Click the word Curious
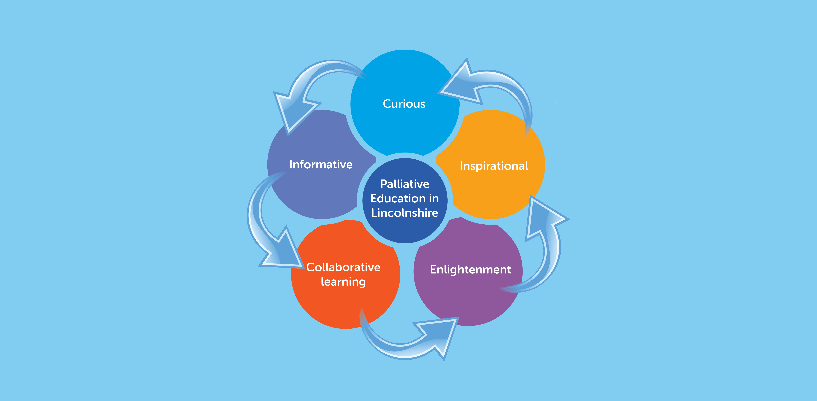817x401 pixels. click(404, 104)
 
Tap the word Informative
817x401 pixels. click(321, 164)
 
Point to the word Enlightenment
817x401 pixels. click(470, 270)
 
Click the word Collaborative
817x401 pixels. click(343, 267)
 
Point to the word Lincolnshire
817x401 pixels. click(405, 213)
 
